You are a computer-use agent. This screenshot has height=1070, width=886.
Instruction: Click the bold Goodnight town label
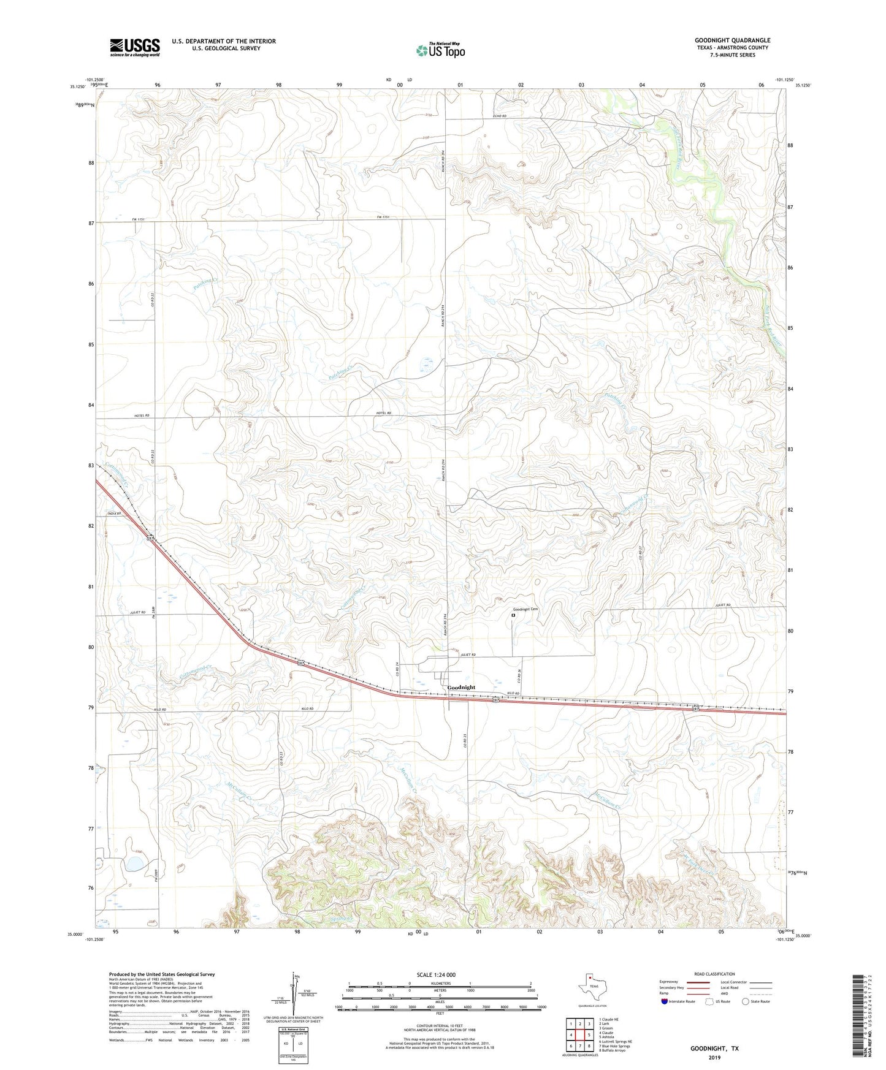[x=461, y=688]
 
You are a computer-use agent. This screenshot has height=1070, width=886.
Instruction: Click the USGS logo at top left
[x=135, y=47]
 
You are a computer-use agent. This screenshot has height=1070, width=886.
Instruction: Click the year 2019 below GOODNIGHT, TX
[x=714, y=1057]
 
